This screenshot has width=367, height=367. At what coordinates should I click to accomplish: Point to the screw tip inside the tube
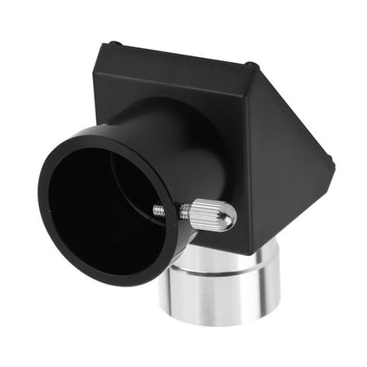pyautogui.click(x=157, y=210)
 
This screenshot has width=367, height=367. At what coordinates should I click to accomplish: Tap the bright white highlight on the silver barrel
pyautogui.click(x=186, y=285)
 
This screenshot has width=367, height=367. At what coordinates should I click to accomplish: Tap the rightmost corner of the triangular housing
pyautogui.click(x=331, y=163)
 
